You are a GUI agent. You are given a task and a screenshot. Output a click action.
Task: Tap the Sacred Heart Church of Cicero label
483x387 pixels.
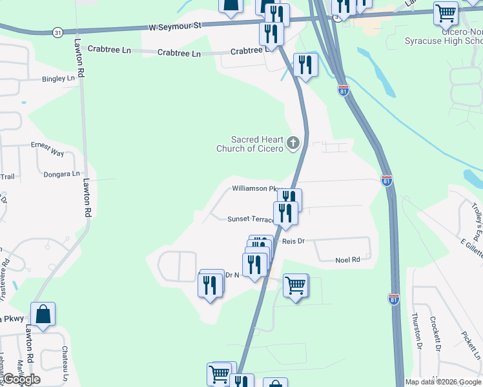click(x=249, y=144)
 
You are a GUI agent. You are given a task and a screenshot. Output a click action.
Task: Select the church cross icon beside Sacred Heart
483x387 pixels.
click(x=293, y=143)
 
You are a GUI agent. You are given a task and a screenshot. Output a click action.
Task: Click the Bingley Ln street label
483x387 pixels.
click(x=58, y=79)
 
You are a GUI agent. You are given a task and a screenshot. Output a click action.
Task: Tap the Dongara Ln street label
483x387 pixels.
click(x=61, y=174)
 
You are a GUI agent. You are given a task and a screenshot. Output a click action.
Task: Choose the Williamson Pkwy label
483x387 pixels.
click(x=257, y=189)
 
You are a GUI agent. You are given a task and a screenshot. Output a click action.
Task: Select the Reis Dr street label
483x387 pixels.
click(x=293, y=241)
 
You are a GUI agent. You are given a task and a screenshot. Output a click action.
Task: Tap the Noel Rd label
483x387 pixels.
click(x=347, y=260)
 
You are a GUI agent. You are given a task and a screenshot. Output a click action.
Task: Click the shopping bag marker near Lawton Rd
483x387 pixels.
click(x=43, y=315)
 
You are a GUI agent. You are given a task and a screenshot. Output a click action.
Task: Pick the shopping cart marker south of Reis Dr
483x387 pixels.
click(x=296, y=285)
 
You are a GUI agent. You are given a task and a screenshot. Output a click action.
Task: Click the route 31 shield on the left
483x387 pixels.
click(x=58, y=32)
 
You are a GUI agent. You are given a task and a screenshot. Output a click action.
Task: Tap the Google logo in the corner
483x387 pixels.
click(x=21, y=379)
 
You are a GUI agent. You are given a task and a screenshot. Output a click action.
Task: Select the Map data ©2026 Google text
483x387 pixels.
click(x=443, y=382)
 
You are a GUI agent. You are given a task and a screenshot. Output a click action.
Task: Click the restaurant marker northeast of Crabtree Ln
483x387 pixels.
click(x=305, y=65)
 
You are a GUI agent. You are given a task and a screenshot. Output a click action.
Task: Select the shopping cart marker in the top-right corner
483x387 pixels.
click(x=446, y=12)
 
